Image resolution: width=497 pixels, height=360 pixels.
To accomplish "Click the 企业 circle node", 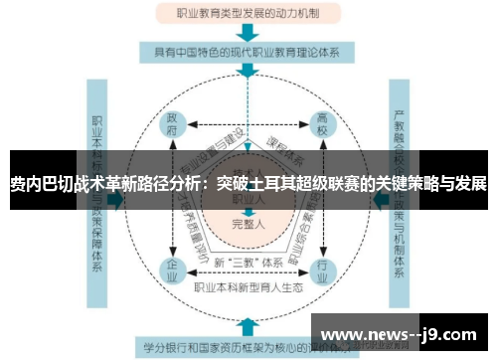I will click(171, 268).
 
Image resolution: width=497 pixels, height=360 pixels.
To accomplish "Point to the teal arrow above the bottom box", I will click(245, 326).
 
